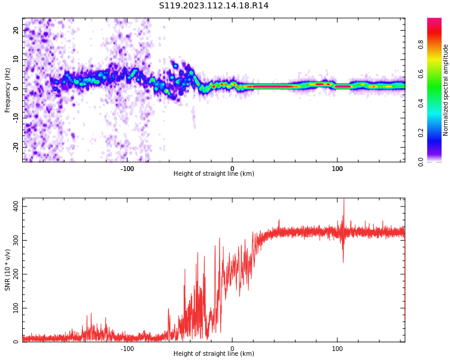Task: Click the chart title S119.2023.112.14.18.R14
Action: click(x=214, y=6)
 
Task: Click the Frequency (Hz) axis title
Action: click(x=8, y=90)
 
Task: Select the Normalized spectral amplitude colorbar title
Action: click(x=446, y=90)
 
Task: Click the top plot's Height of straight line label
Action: click(x=214, y=174)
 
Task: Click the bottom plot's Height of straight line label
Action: click(x=214, y=354)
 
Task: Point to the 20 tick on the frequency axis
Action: click(x=16, y=30)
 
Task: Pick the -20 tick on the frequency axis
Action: click(x=14, y=146)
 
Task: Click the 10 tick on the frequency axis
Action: click(x=16, y=59)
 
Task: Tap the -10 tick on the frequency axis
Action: click(x=14, y=118)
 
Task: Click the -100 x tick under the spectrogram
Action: click(x=127, y=168)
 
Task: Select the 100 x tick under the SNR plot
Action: click(x=337, y=348)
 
